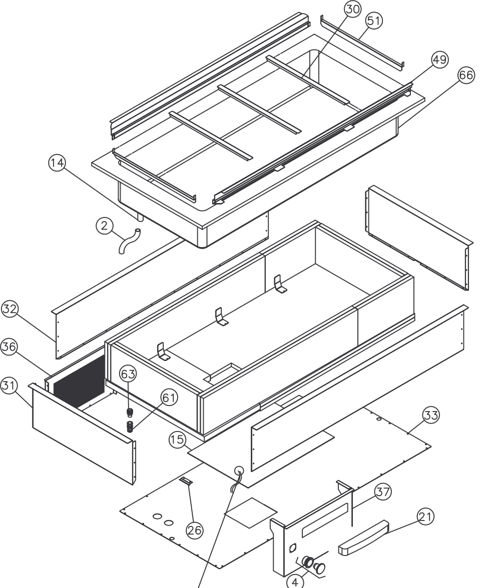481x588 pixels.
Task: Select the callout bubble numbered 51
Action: (x=374, y=20)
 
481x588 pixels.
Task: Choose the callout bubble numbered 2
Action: (x=104, y=226)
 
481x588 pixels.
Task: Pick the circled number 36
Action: (x=8, y=348)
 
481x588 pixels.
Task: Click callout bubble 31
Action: (x=9, y=385)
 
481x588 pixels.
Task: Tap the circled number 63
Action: (x=128, y=373)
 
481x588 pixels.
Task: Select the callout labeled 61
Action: (x=169, y=397)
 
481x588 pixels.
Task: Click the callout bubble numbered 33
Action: (x=431, y=414)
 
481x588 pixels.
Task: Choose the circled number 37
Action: (x=383, y=491)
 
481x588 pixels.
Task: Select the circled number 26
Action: (x=194, y=529)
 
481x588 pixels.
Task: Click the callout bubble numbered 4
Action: (x=295, y=581)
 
